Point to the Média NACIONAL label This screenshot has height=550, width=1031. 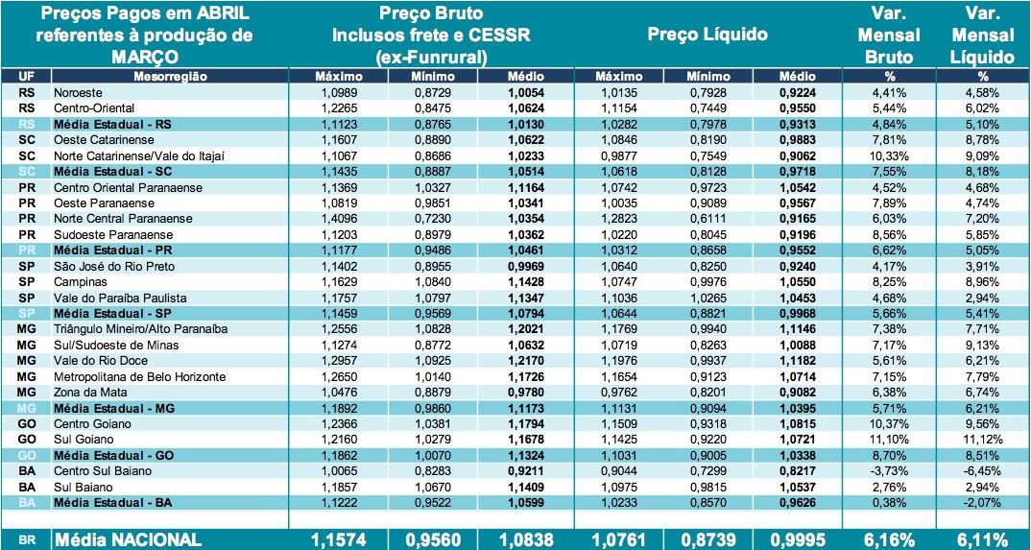[128, 539]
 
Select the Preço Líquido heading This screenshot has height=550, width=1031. [707, 35]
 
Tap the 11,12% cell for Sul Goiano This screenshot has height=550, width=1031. [982, 439]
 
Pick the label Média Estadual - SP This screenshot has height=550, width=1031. [113, 313]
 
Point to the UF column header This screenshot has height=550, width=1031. [27, 76]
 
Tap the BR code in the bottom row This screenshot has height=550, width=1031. [27, 540]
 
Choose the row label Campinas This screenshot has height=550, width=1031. [80, 282]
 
